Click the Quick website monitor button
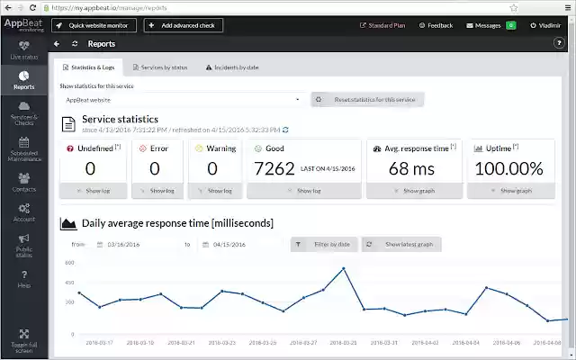(x=93, y=25)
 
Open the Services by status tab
(x=159, y=67)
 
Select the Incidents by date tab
(x=232, y=67)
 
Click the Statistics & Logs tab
(x=89, y=67)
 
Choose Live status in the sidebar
(x=24, y=49)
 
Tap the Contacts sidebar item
(x=24, y=183)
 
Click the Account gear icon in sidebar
(x=24, y=209)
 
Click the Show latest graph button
(x=404, y=244)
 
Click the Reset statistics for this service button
(x=367, y=100)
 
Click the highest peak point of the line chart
(x=343, y=268)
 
